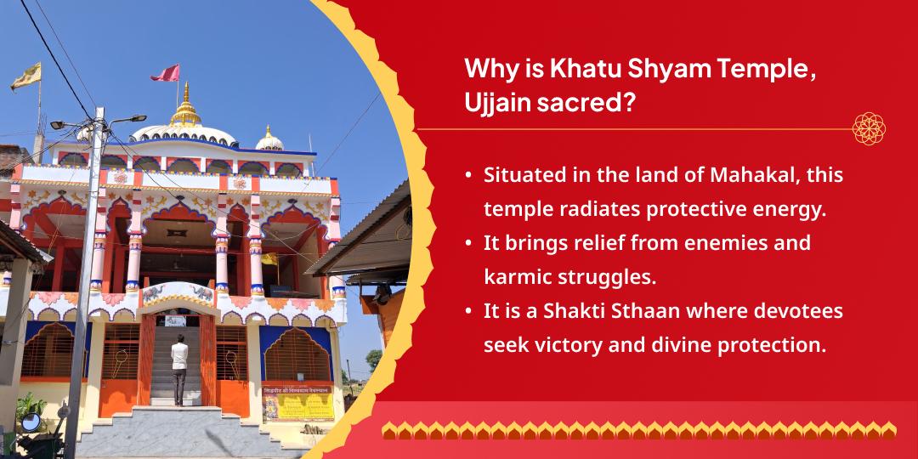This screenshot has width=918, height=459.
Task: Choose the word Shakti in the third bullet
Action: (x=570, y=312)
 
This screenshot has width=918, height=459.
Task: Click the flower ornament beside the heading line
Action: (x=869, y=128)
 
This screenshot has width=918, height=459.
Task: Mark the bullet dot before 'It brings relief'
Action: (x=468, y=243)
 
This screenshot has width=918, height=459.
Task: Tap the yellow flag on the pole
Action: (x=25, y=76)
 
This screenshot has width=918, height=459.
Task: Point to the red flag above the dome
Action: (x=166, y=73)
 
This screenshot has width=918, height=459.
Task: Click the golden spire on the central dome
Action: (x=186, y=107)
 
